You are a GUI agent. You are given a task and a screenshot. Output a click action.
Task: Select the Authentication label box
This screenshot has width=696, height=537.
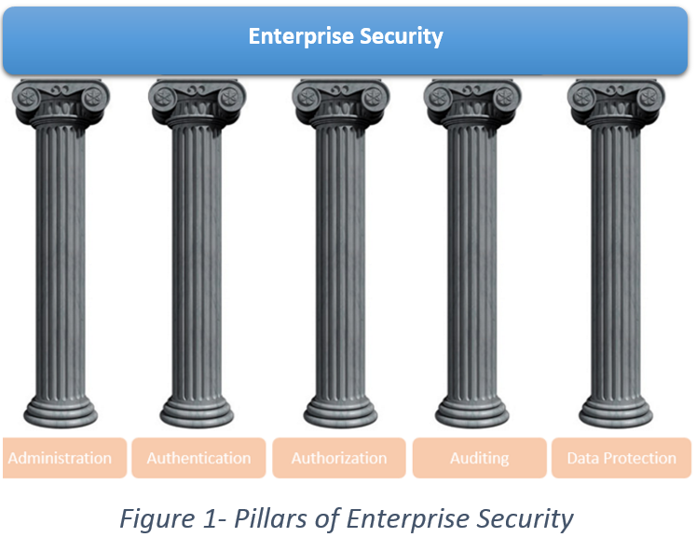[198, 458]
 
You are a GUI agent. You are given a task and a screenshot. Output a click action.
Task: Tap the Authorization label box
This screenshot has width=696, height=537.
[338, 458]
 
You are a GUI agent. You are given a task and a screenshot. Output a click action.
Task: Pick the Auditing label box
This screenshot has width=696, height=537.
[479, 458]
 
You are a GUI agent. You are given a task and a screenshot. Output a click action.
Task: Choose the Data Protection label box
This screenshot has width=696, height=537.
[621, 458]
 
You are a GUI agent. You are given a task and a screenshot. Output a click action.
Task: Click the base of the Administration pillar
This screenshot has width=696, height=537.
[61, 410]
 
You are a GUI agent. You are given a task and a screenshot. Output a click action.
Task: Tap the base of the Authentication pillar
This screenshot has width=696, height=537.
[196, 410]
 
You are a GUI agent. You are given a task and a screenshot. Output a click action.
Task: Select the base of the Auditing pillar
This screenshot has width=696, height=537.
[472, 410]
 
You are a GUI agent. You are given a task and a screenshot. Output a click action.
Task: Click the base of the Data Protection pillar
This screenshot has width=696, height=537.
[615, 410]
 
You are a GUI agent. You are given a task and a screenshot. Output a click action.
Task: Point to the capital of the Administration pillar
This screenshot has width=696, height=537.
[61, 102]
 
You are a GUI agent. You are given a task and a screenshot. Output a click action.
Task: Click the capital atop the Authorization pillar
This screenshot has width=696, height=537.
[340, 102]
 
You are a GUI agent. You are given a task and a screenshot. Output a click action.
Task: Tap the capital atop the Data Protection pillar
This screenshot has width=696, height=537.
[615, 102]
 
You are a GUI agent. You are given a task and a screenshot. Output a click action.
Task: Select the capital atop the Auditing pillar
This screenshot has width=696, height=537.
[472, 102]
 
